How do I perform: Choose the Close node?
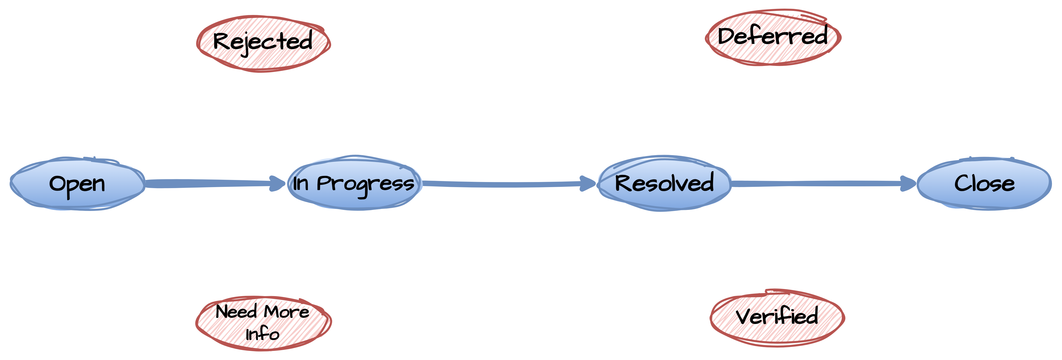[984, 184]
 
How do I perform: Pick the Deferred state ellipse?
[773, 37]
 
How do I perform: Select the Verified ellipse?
[777, 317]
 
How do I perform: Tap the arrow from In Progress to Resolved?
[509, 184]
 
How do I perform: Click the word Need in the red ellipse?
[236, 311]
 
